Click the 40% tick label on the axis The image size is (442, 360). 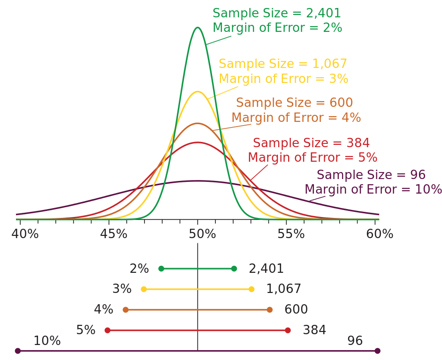[25, 234]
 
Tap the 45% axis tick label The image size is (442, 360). [114, 234]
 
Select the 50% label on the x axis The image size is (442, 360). [202, 234]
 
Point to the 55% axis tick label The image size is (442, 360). [291, 234]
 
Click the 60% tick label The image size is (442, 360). [380, 234]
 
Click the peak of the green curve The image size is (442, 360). [198, 28]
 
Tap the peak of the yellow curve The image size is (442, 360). [198, 92]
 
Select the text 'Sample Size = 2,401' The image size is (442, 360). [277, 14]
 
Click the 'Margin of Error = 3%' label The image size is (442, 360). [283, 79]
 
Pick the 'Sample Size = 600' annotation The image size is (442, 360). [294, 103]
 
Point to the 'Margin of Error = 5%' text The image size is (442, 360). [312, 158]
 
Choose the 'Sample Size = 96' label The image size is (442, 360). [371, 175]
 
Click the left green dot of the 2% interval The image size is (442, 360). [161, 269]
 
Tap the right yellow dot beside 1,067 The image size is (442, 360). [251, 289]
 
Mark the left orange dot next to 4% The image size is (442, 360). [125, 310]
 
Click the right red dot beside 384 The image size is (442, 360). [288, 330]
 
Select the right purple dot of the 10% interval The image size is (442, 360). [377, 351]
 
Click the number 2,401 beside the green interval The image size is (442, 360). [266, 269]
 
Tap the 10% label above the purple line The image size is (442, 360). [47, 341]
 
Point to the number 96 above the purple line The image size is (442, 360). [355, 341]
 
